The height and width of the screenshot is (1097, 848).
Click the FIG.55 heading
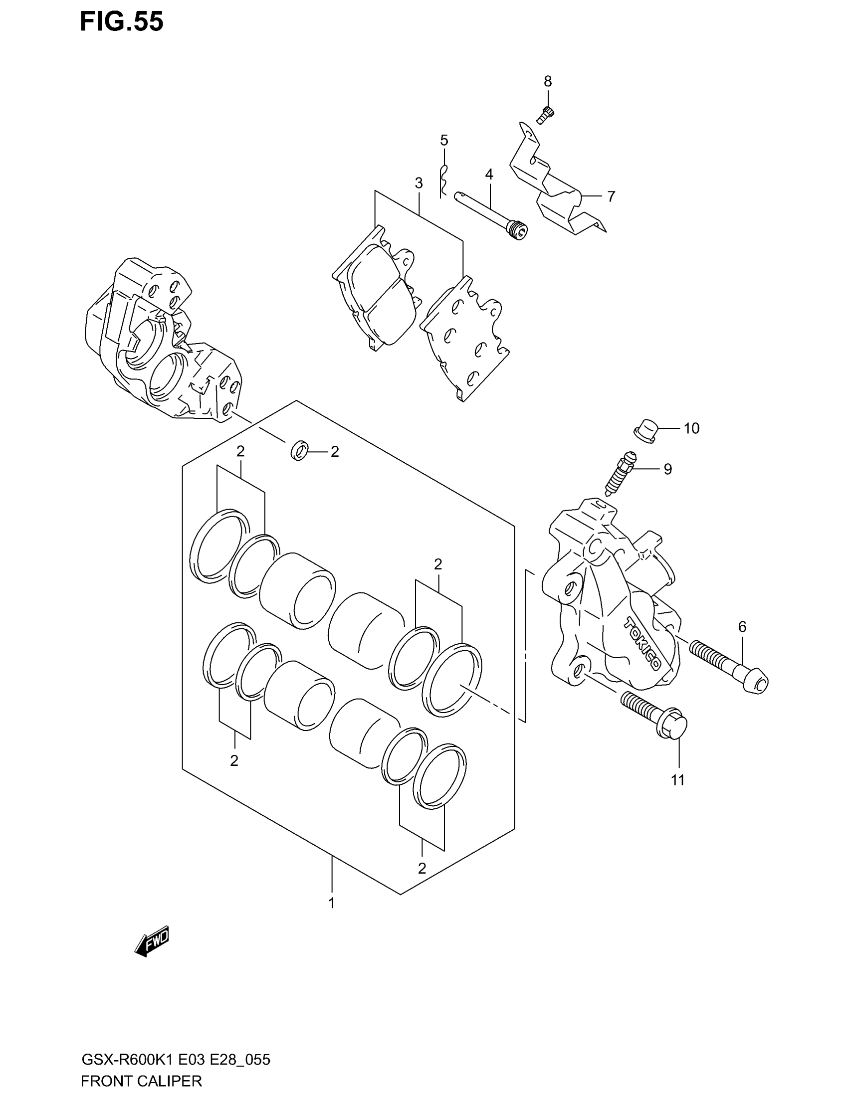tap(122, 22)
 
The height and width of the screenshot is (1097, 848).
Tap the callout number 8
tap(548, 81)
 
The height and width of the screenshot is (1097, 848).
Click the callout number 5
tap(444, 140)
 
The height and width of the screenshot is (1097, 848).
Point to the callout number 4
tap(489, 175)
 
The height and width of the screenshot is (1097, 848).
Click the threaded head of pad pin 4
tap(517, 232)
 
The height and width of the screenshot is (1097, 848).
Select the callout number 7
tap(611, 196)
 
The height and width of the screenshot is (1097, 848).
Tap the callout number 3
tap(419, 183)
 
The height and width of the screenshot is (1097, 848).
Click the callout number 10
tap(691, 428)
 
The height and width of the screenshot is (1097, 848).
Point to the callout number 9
tap(667, 469)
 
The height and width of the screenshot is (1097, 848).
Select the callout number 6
tap(742, 626)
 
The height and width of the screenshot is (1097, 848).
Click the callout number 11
tap(678, 780)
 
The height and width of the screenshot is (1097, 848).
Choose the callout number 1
tap(332, 903)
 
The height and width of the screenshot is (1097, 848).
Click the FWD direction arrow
tap(152, 941)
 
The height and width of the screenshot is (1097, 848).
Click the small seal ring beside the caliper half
tap(299, 450)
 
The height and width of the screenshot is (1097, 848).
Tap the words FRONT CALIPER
tap(141, 1081)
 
